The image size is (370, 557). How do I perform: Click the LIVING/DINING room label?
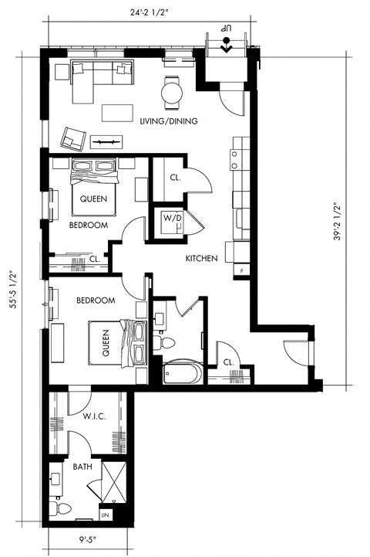170,121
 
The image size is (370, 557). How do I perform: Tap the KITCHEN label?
201,258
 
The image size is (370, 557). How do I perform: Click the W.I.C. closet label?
93,417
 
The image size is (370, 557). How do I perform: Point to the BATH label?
83,467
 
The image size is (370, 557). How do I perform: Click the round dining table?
173,93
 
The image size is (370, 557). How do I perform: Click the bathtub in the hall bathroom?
183,374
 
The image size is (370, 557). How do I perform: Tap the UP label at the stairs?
227,29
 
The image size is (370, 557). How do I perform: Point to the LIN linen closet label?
106,514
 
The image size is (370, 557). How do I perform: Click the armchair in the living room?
73,138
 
